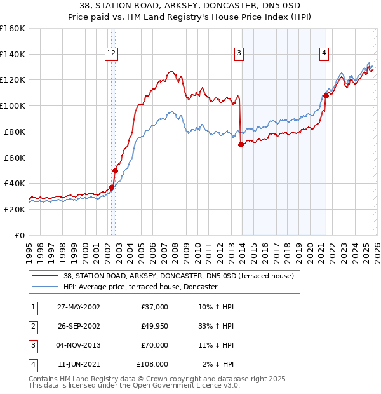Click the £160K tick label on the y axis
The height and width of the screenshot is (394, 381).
pos(13,29)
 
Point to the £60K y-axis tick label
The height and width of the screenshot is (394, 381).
pos(15,158)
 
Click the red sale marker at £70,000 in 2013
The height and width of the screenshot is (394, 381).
pos(241,145)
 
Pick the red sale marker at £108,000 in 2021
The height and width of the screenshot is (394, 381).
pos(326,95)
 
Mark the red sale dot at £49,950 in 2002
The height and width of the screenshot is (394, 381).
pos(116,170)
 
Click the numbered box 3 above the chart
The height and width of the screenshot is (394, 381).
pos(239,54)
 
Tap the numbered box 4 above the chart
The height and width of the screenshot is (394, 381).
pos(324,54)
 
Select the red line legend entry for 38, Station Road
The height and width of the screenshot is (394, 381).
pos(178,276)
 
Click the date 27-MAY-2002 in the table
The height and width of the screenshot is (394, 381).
pos(78,307)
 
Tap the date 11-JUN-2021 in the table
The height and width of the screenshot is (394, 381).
pos(78,364)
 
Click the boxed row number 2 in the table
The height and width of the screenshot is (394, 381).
pos(32,326)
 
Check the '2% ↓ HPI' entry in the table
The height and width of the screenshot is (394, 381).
pos(218,364)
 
